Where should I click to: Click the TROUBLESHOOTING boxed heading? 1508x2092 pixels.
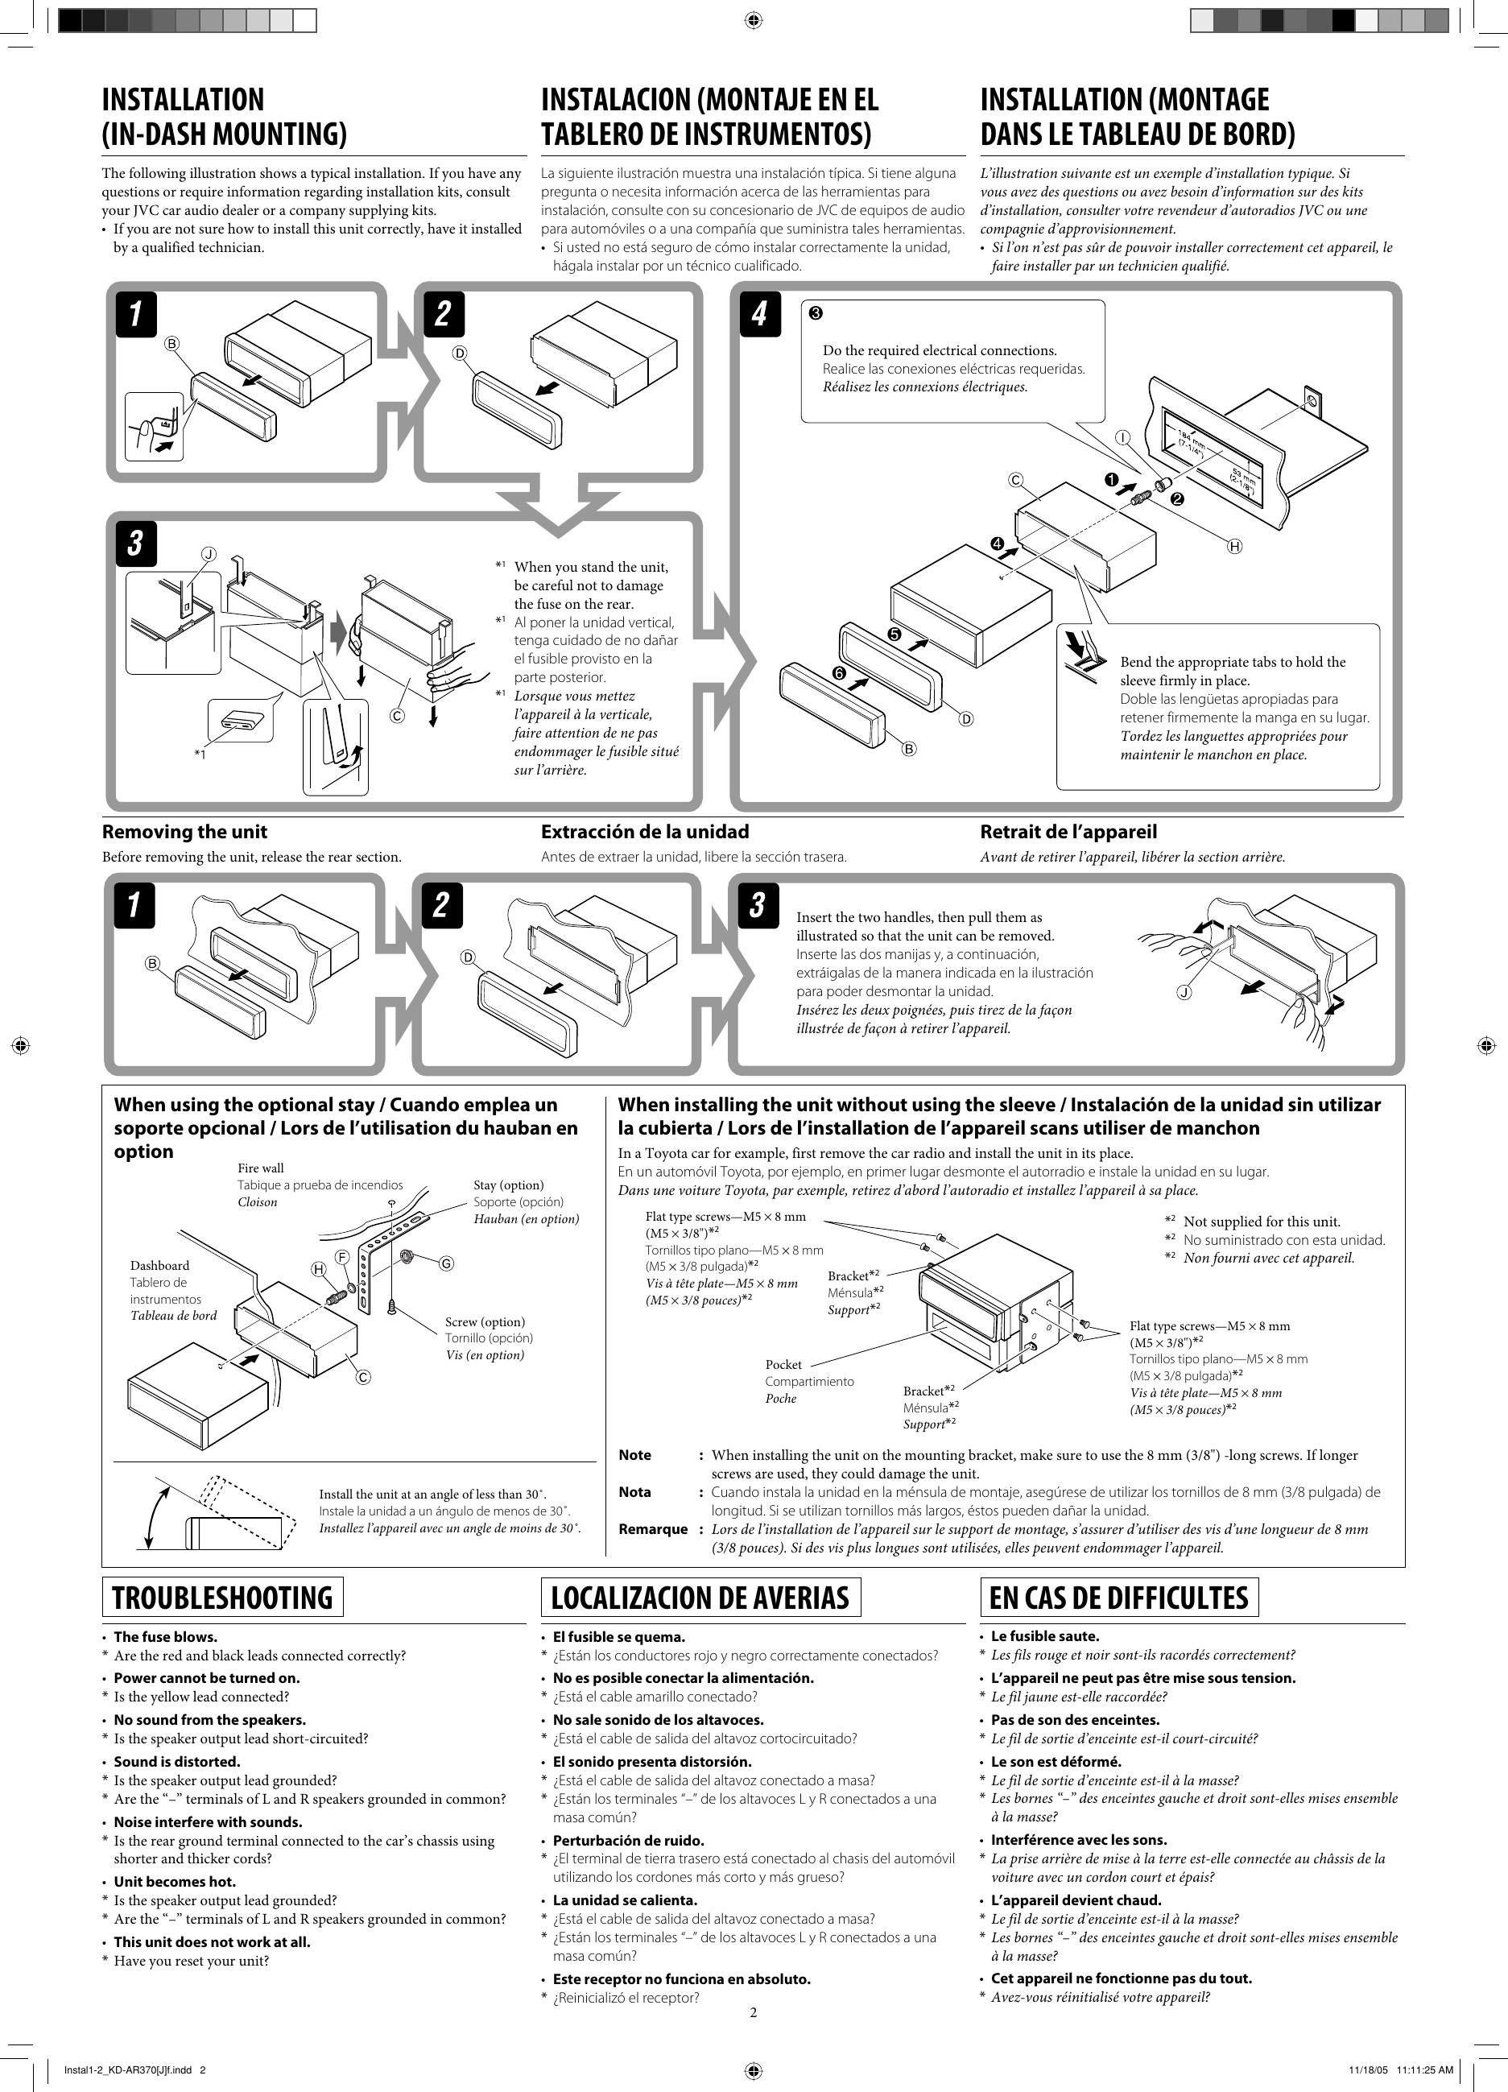point(221,1597)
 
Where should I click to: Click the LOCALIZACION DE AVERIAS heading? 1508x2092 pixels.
point(700,1597)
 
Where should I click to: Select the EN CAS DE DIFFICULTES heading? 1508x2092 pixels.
point(1119,1597)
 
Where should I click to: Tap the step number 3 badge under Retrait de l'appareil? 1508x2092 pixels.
point(758,905)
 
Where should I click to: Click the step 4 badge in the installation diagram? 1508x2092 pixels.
point(759,315)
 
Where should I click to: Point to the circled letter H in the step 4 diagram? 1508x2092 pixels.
point(1234,546)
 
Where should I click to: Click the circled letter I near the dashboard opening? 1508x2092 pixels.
point(1122,437)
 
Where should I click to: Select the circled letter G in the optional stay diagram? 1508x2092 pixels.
point(446,1263)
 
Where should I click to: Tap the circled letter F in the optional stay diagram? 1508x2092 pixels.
point(341,1257)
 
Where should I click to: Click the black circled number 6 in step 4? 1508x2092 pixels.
point(839,673)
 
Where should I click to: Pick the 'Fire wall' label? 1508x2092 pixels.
point(260,1168)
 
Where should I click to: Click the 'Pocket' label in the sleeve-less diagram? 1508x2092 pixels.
point(783,1364)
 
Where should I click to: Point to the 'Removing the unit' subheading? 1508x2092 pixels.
point(184,831)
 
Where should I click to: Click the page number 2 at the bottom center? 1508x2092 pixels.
point(753,2011)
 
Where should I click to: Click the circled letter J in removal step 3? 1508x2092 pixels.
point(1184,993)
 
